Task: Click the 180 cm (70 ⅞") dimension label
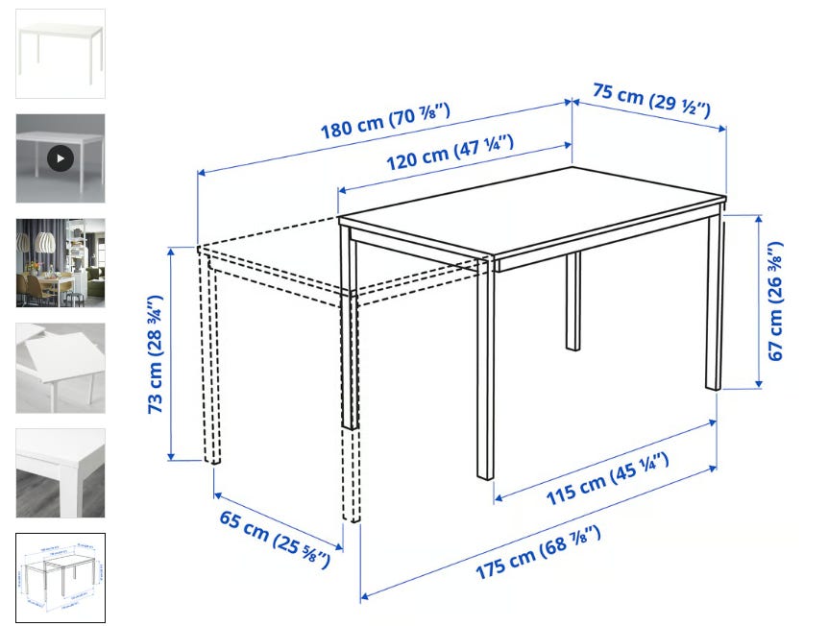pos(385,121)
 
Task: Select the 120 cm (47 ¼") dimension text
pos(450,153)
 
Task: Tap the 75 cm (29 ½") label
pos(651,100)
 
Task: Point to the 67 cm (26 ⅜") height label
pos(775,301)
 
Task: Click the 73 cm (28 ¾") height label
pos(156,354)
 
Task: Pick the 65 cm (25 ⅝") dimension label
pos(275,539)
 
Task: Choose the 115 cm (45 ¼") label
pos(607,478)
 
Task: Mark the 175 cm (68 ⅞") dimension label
pos(538,552)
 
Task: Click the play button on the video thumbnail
pos(61,158)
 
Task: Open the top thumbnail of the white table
pos(61,54)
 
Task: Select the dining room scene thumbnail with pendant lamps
pos(61,263)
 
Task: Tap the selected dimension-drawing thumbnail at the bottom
pos(61,578)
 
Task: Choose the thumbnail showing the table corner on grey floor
pos(61,473)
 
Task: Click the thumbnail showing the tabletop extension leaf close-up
pos(61,368)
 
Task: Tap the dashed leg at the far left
pos(211,359)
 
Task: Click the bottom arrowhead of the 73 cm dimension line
pos(171,456)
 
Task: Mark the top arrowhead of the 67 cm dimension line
pos(759,219)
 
